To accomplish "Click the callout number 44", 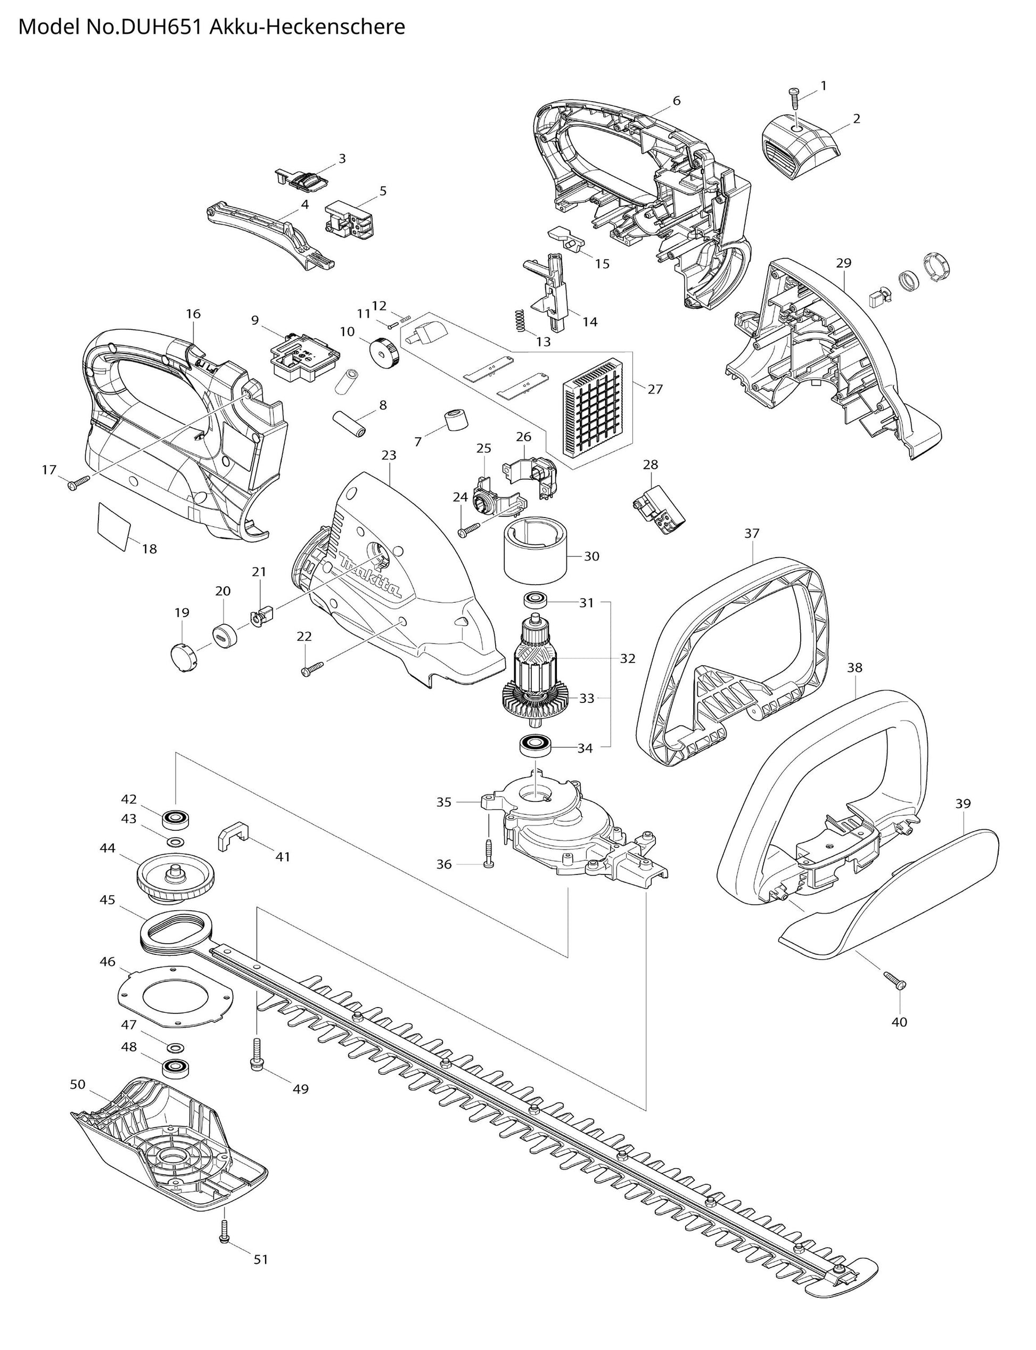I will point(108,848).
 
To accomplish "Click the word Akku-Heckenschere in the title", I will point(308,27).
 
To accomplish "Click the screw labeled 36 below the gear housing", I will point(488,854).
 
